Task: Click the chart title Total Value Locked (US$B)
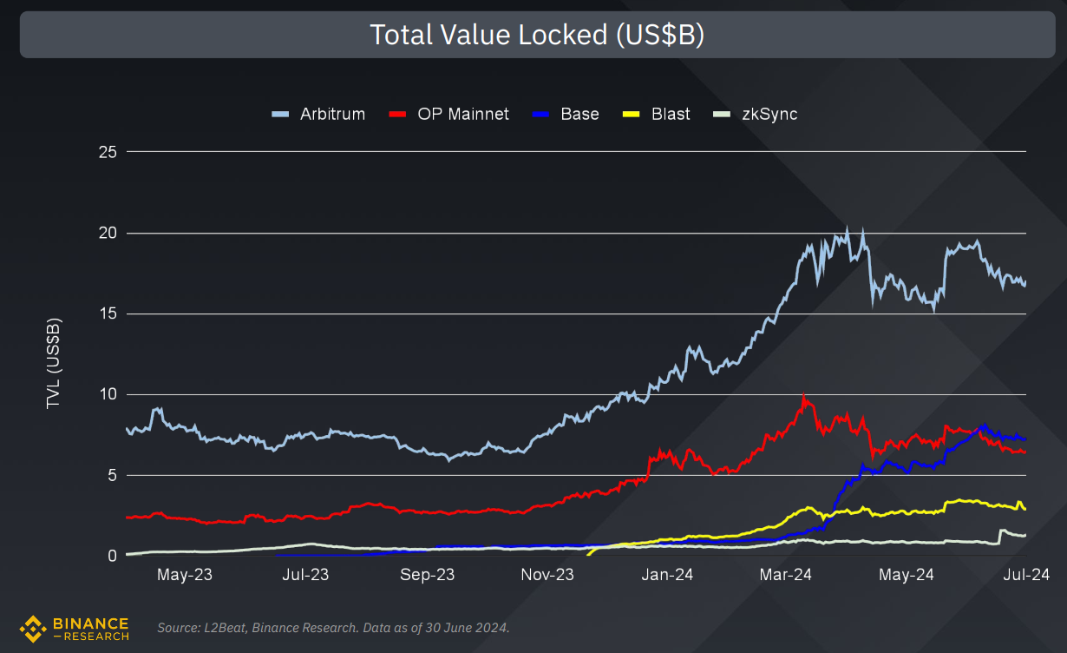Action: [x=536, y=35]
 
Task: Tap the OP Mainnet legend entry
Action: [x=450, y=114]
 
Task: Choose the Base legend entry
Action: [x=568, y=114]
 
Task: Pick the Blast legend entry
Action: [x=658, y=114]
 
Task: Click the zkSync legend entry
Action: [x=755, y=114]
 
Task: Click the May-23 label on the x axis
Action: [x=184, y=575]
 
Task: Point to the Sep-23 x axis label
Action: [x=427, y=575]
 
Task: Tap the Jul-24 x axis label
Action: [x=1025, y=575]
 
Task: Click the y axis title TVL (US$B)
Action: [x=54, y=364]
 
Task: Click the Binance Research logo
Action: [x=75, y=628]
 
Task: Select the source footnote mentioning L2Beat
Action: [x=333, y=627]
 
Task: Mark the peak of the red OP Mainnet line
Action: [x=804, y=396]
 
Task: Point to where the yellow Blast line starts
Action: [x=589, y=554]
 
